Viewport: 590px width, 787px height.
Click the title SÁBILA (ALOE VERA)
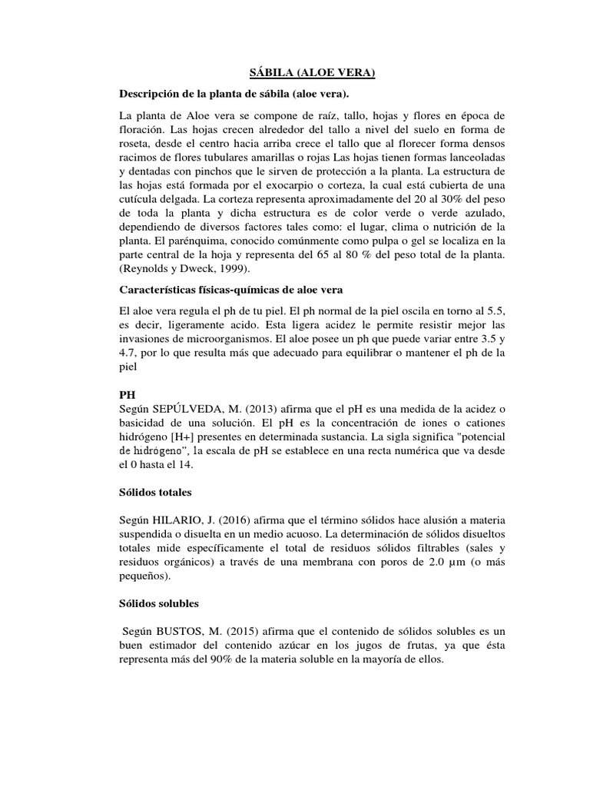click(313, 73)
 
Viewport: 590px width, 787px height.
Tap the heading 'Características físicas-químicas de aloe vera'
click(230, 289)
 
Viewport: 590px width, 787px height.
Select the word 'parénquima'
click(184, 240)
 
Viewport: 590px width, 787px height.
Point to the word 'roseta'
click(134, 142)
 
